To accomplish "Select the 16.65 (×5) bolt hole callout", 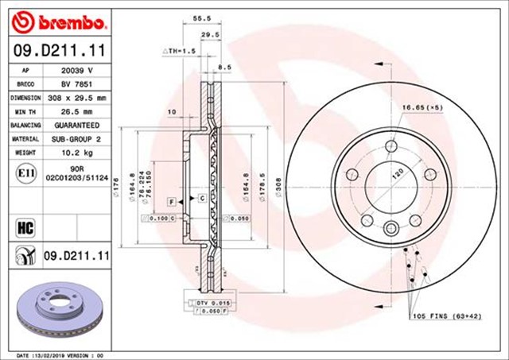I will pos(421,105).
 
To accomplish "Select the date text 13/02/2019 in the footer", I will pos(61,354).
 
